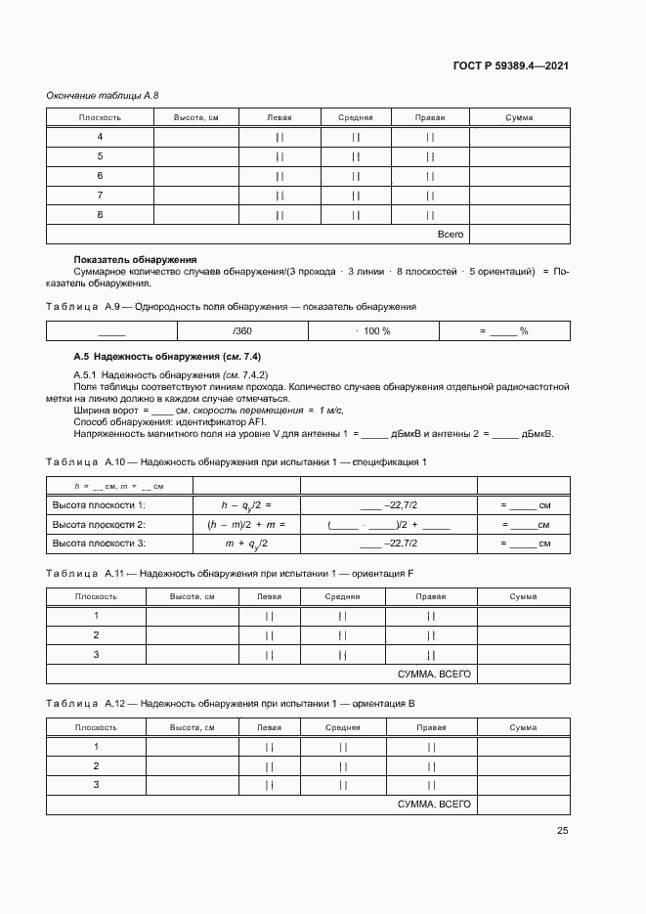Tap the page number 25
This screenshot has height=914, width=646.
tap(562, 831)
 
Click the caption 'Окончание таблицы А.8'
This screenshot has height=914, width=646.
tap(103, 95)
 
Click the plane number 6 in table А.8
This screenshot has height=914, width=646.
tap(100, 176)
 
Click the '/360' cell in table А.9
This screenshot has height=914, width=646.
tap(242, 331)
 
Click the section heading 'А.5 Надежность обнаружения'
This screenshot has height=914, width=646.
tap(168, 356)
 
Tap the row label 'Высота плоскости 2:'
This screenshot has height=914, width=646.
tap(99, 524)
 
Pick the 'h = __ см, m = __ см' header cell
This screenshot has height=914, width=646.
tap(119, 486)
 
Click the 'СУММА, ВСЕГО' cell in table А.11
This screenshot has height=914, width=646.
tap(434, 675)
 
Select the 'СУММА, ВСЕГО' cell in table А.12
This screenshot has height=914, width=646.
tap(434, 804)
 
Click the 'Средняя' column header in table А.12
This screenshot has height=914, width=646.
tap(342, 727)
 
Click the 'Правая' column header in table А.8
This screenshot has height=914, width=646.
tap(430, 117)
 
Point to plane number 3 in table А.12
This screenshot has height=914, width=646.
tap(96, 784)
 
